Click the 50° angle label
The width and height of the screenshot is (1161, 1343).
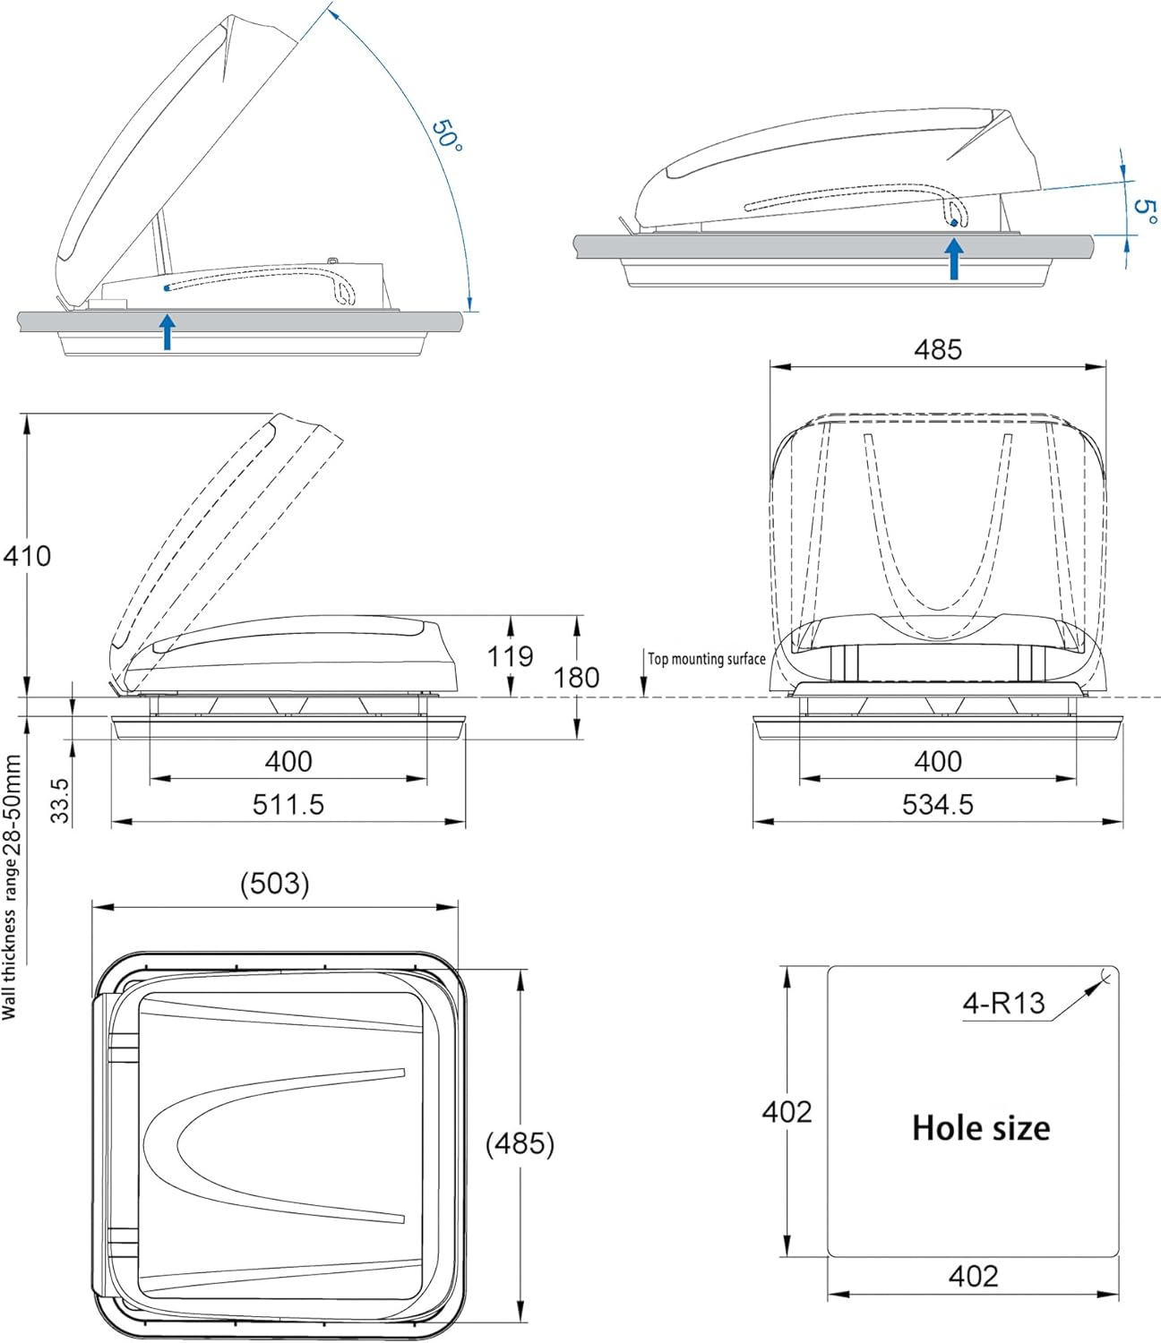tap(447, 134)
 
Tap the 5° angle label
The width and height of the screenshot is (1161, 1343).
tap(1145, 211)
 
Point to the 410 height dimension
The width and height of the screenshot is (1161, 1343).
tap(27, 556)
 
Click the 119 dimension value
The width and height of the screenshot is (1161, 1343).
tap(510, 656)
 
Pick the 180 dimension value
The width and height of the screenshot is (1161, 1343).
tap(576, 677)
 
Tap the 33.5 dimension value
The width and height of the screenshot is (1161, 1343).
tap(59, 800)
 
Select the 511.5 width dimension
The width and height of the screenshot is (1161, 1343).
tap(288, 804)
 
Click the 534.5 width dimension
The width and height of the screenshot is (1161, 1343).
tap(937, 804)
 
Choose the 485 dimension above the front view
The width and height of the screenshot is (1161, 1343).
tap(937, 349)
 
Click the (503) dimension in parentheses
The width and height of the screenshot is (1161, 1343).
tap(274, 884)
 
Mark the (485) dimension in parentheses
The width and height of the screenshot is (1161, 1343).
tap(520, 1143)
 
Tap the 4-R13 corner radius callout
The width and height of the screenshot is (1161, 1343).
tap(1003, 1003)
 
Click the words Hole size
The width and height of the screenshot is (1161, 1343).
tap(981, 1128)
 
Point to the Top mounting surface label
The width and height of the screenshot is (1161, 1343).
tap(707, 659)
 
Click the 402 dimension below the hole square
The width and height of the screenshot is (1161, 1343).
tap(973, 1276)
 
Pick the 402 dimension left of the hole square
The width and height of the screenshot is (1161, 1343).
tap(787, 1112)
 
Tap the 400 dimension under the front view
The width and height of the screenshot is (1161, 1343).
tap(937, 761)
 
